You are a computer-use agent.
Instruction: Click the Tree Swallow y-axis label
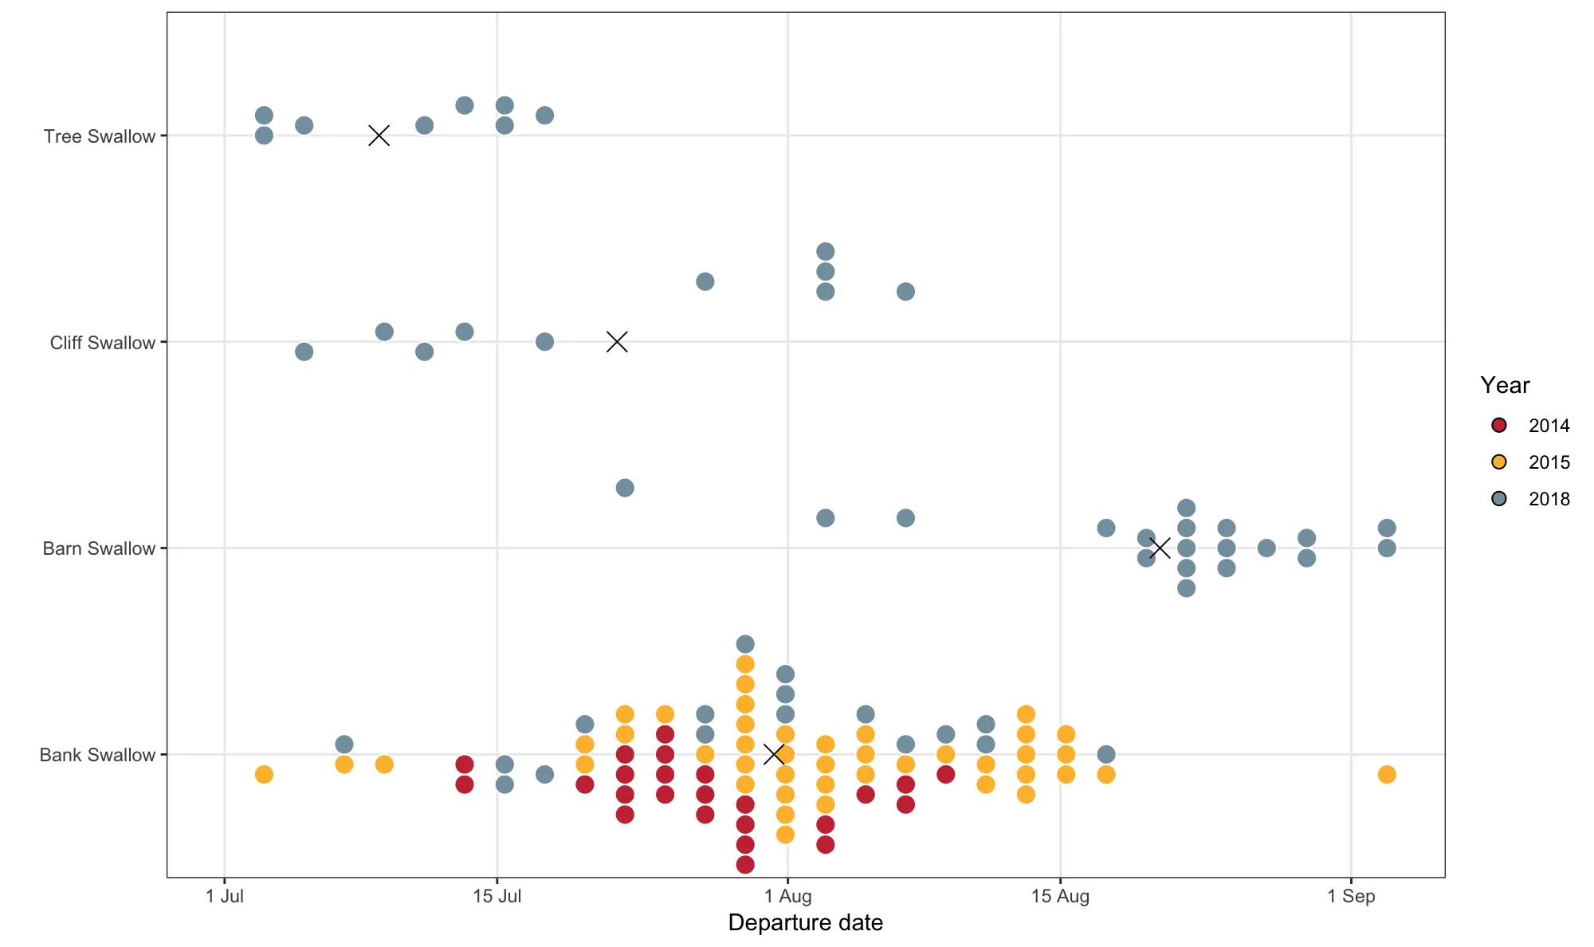pos(99,136)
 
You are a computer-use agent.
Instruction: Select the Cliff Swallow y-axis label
pos(102,343)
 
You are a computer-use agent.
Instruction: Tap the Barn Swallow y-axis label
pos(99,548)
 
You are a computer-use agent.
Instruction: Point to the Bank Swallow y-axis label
pos(97,755)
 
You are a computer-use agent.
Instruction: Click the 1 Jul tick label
pos(225,896)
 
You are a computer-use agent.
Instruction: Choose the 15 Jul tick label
pos(497,896)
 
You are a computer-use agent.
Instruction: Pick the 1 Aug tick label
pos(787,896)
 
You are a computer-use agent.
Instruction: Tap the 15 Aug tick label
pos(1060,896)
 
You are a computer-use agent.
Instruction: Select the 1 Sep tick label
pos(1351,896)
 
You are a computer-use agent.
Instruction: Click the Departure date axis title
pos(805,923)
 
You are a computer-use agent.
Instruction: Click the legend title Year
pos(1505,386)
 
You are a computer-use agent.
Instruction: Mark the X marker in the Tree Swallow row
pos(379,136)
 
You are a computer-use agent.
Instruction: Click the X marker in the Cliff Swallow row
pos(617,342)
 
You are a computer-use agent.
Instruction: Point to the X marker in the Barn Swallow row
pos(1160,548)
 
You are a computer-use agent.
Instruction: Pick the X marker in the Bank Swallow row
pos(774,753)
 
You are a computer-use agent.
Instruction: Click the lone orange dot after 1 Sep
pos(1387,774)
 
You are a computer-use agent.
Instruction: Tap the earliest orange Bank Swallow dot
pos(264,774)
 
